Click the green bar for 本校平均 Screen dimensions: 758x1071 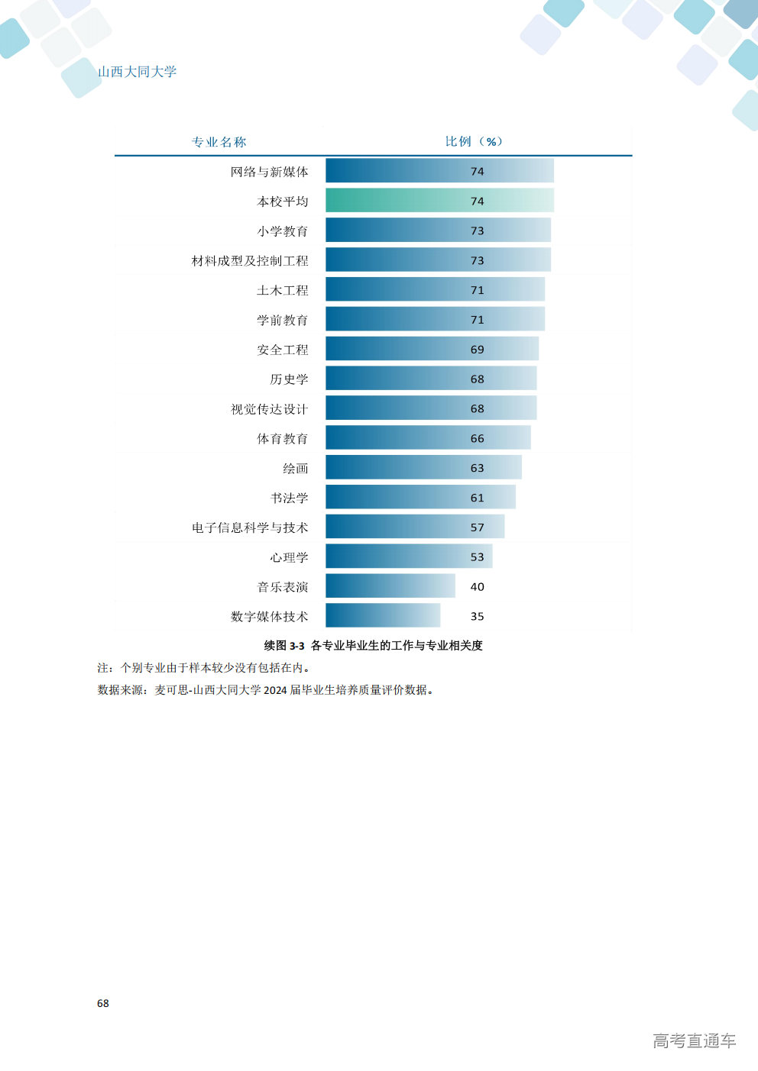click(x=440, y=200)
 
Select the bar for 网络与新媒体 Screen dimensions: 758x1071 click(x=440, y=171)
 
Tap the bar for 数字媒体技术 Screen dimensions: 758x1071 click(x=383, y=615)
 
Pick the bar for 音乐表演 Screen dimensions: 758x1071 click(x=390, y=586)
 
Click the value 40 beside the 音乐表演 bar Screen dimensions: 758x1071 click(x=477, y=587)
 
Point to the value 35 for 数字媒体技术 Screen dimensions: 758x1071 click(x=477, y=616)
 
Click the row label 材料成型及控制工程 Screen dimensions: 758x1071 click(x=250, y=261)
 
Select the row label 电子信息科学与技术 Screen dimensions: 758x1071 click(x=250, y=527)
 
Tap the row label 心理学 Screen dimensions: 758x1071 click(x=289, y=557)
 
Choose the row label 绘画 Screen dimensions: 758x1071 click(x=296, y=469)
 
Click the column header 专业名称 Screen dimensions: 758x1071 click(x=219, y=142)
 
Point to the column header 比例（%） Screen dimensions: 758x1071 click(x=474, y=141)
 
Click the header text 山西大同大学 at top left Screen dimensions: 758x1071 click(x=138, y=72)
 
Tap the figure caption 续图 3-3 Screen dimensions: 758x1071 click(x=284, y=646)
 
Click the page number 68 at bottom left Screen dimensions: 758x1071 click(x=103, y=1004)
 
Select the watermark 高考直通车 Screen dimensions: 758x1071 click(x=695, y=1041)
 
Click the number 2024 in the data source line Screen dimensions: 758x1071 click(x=275, y=690)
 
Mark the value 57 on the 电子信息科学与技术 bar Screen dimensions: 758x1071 click(x=477, y=527)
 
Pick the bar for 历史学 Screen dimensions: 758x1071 click(x=431, y=378)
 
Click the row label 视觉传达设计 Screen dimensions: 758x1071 click(x=270, y=409)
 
